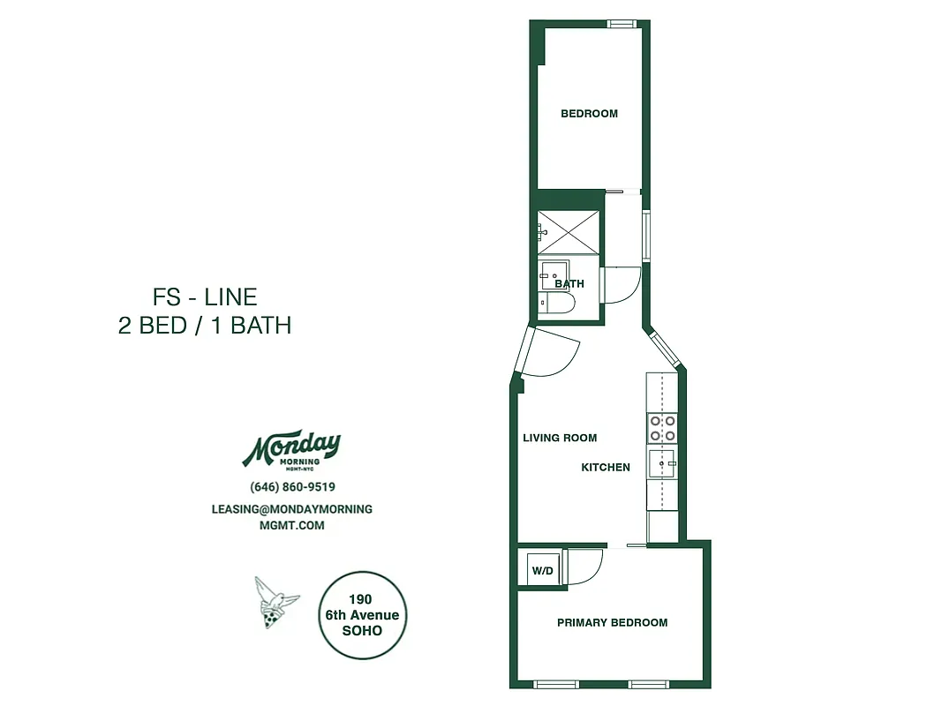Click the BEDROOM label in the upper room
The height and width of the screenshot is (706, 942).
click(589, 113)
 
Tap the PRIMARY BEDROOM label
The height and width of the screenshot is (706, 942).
click(612, 622)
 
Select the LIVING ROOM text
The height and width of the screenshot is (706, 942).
click(560, 438)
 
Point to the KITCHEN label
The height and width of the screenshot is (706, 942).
click(605, 467)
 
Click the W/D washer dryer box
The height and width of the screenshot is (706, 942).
click(542, 571)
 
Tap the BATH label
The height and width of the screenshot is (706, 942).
click(569, 284)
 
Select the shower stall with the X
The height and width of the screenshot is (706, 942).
click(568, 233)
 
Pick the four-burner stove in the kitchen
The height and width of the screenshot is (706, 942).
click(662, 428)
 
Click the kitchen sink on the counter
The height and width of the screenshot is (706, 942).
click(662, 460)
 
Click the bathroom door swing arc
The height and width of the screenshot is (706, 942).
click(622, 285)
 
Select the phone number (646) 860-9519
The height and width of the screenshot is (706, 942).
click(292, 487)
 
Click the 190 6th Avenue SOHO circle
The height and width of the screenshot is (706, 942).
click(362, 615)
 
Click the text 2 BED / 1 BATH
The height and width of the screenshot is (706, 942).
click(205, 325)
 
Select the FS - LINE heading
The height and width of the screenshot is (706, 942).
click(205, 297)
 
